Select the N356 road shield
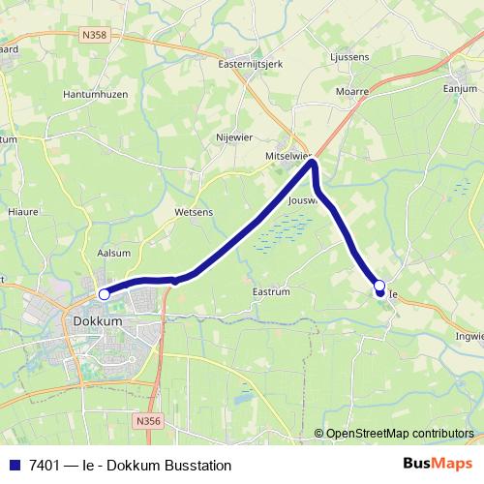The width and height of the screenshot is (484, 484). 147,421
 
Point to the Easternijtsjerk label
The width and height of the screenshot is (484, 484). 248,65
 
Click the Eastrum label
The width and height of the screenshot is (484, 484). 269,290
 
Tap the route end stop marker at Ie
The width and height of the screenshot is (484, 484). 379,286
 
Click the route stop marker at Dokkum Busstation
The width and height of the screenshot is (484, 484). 104,293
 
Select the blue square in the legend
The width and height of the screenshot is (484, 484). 14,466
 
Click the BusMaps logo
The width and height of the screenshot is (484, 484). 439,465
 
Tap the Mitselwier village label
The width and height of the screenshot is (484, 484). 287,155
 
